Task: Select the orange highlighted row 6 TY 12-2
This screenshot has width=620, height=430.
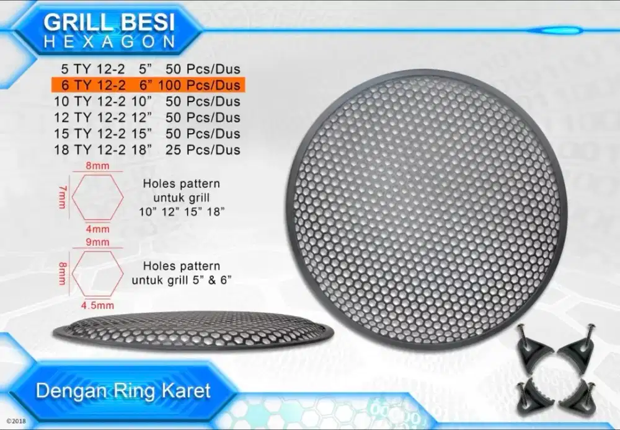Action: point(148,85)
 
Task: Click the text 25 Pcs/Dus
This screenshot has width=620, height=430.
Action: point(208,149)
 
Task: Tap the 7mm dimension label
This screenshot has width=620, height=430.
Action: point(63,196)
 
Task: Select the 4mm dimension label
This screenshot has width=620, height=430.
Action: point(98,227)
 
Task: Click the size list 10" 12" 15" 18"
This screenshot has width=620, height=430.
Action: point(182,211)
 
